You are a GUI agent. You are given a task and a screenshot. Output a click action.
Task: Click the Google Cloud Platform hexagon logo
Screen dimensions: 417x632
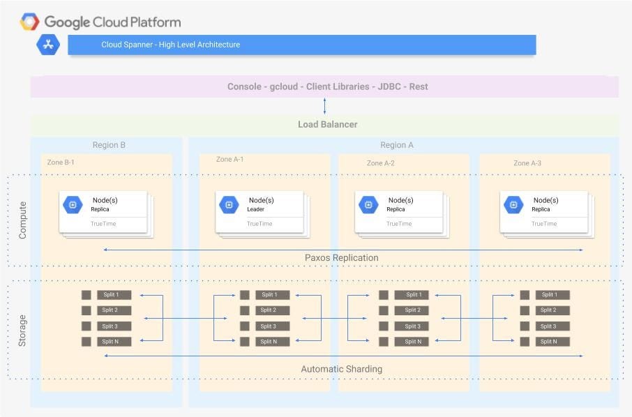(29, 22)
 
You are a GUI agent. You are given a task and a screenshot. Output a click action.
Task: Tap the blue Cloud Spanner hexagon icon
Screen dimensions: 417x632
(48, 45)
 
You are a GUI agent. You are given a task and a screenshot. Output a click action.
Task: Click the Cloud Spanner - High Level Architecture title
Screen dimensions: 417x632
(170, 45)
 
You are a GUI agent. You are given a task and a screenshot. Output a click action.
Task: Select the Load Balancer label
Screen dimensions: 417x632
(327, 125)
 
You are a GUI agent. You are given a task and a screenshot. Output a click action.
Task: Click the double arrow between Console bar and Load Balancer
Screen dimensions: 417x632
(324, 106)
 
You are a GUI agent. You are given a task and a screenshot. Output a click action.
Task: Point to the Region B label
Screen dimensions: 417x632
(109, 145)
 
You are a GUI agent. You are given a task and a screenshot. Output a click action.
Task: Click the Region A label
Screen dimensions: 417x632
(396, 145)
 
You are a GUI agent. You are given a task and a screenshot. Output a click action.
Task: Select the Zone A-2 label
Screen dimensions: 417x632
(380, 163)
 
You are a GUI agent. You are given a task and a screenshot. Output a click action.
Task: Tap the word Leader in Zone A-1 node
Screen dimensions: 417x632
(256, 209)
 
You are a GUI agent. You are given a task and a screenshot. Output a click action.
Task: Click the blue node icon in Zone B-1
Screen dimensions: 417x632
(72, 204)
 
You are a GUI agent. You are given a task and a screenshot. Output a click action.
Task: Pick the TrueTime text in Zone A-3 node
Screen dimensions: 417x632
(544, 224)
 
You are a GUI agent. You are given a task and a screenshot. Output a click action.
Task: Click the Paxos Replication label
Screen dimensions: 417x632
(341, 258)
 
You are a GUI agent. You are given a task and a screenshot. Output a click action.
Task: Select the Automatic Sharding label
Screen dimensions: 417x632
(341, 369)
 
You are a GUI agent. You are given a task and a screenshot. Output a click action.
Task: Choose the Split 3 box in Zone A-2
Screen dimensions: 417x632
(412, 326)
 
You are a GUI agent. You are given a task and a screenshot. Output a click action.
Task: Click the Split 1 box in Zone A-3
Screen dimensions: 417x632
(552, 295)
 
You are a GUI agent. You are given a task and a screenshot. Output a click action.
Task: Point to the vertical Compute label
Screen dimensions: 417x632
(22, 220)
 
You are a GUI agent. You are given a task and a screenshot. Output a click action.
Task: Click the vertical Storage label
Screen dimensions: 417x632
(22, 331)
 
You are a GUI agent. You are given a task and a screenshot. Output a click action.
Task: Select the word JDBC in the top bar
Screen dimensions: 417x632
(390, 87)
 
